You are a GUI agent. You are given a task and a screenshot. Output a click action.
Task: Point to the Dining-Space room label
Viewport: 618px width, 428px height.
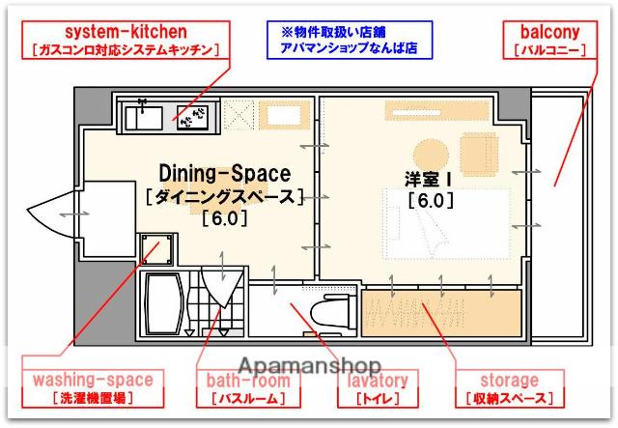[224, 174]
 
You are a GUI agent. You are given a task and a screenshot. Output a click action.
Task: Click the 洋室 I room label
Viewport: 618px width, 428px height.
[430, 178]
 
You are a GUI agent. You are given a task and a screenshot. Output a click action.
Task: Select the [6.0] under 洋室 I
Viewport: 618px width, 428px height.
[430, 202]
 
